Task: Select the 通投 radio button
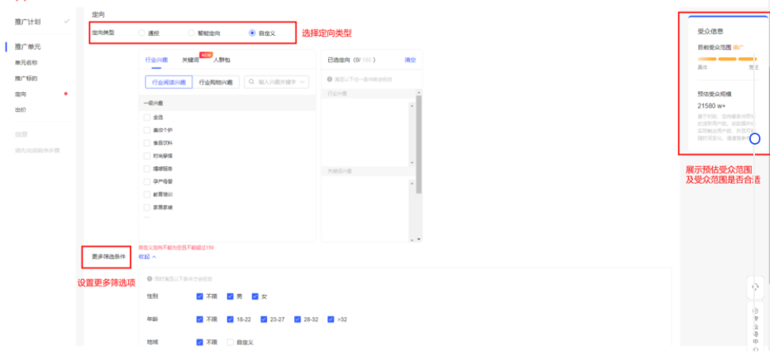pos(141,33)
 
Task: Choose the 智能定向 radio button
pos(191,33)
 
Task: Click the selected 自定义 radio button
pos(252,33)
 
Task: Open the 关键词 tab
pos(191,60)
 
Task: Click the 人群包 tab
pos(222,60)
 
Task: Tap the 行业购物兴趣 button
pos(215,81)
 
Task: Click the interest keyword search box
pos(277,81)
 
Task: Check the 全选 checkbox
pos(147,118)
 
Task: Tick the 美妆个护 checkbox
pos(147,130)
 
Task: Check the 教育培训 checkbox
pos(147,194)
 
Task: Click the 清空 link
pos(410,60)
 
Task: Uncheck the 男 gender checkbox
pos(230,296)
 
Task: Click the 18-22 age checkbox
pos(230,319)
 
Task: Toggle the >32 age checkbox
pos(331,319)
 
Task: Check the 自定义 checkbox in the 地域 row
pos(230,342)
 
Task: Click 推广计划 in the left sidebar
pos(27,21)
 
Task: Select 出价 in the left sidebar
pos(20,110)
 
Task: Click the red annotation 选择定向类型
pos(326,33)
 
